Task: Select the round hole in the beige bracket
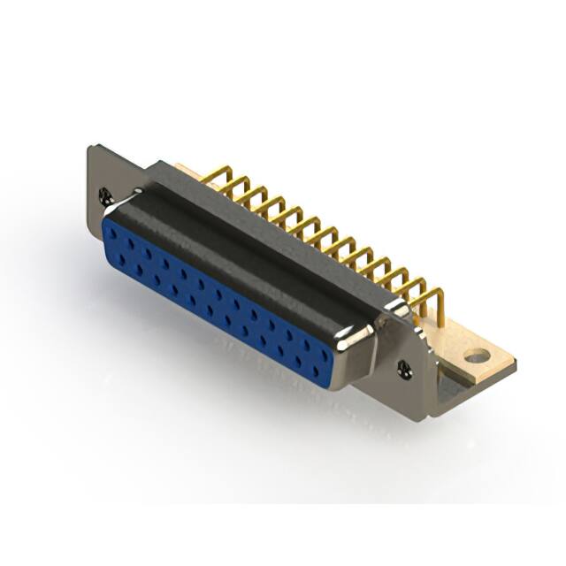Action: tap(477, 356)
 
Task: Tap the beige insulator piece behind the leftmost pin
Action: tap(184, 167)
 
